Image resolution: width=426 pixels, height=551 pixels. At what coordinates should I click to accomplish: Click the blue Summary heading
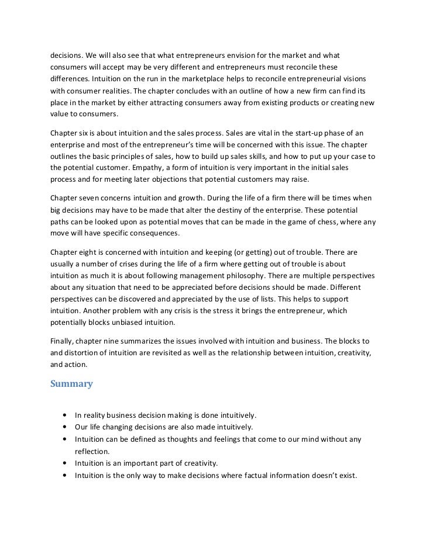71,384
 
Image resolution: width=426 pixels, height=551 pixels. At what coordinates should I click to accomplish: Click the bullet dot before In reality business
63,415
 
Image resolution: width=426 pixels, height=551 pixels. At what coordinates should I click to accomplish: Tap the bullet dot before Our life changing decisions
63,427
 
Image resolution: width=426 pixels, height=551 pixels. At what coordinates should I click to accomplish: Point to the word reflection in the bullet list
93,451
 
